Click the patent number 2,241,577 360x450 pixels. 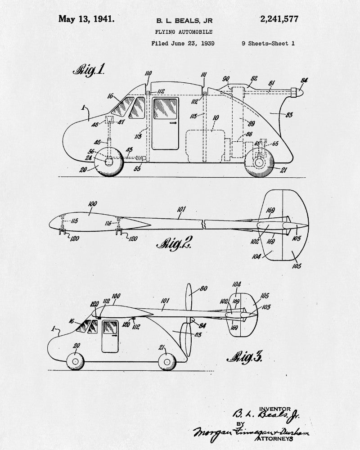pos(279,19)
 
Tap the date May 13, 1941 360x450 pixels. pos(86,19)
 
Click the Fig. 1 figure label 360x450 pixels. pos(89,70)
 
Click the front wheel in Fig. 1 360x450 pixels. pos(109,162)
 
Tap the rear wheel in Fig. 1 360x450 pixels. pos(259,163)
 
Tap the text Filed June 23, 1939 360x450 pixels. pos(183,44)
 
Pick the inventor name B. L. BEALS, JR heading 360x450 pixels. pos(184,20)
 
